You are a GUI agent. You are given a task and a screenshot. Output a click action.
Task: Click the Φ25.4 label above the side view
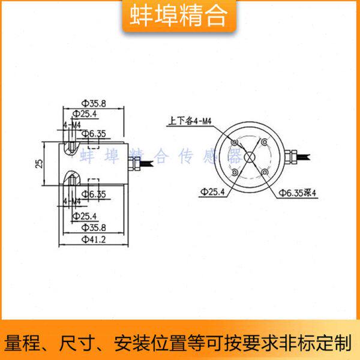tap(85, 113)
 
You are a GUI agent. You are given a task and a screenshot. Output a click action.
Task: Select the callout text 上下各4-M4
tap(191, 121)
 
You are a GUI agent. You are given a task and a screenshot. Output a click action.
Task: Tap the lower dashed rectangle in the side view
tap(93, 184)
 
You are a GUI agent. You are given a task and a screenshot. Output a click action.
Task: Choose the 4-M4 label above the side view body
tap(72, 124)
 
